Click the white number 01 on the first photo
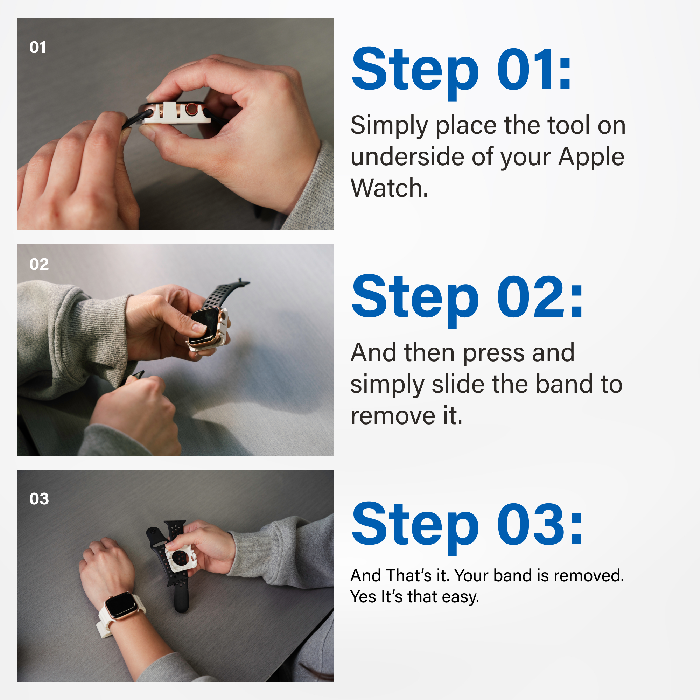coord(38,48)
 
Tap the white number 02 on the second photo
coord(39,265)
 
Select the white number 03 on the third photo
coord(39,499)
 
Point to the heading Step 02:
coord(467,297)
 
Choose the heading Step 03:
coord(467,524)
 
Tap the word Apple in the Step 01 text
coord(591,157)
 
